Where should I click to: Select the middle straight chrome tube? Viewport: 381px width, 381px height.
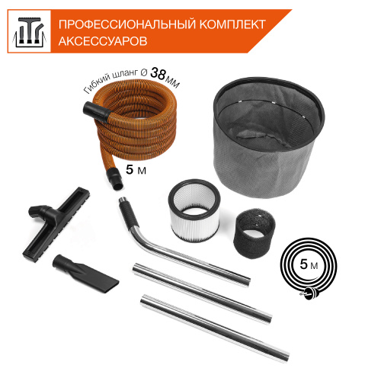(202, 288)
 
